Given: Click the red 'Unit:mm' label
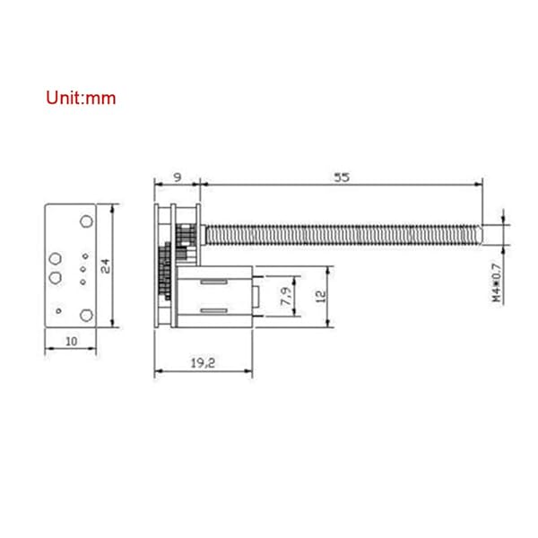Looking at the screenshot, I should point(81,98).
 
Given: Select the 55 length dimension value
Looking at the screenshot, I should point(341,178).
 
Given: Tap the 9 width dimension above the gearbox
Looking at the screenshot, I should point(176,178).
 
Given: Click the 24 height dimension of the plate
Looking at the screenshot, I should point(106,265).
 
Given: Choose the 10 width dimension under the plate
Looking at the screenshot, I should point(71,341).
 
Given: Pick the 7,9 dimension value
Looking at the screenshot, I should point(285,295).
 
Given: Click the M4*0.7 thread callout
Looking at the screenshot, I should point(498,281).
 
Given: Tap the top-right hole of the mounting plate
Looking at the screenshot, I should point(86,221).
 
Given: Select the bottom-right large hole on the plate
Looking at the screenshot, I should point(86,314).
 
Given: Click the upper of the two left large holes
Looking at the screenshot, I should point(55,258).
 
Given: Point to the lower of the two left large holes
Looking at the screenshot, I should point(55,275).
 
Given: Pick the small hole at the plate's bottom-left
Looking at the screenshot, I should point(58,310).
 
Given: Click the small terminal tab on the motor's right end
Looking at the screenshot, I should point(256,296).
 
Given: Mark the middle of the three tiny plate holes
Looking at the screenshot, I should point(82,269).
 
